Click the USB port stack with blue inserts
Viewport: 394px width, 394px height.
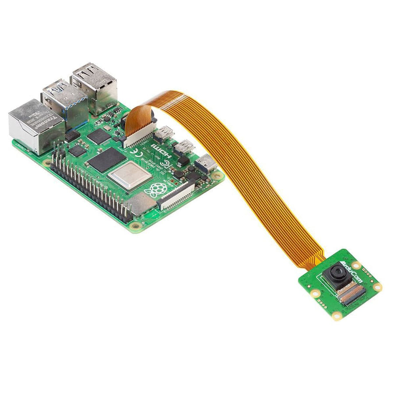coord(65,103)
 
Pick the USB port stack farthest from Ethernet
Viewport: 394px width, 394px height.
coord(95,88)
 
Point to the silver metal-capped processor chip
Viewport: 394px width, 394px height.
coord(130,176)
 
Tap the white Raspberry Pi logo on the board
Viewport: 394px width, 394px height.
coord(158,190)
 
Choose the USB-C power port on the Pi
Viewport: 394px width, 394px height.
coord(205,164)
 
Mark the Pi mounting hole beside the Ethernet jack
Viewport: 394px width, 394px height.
coord(47,162)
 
